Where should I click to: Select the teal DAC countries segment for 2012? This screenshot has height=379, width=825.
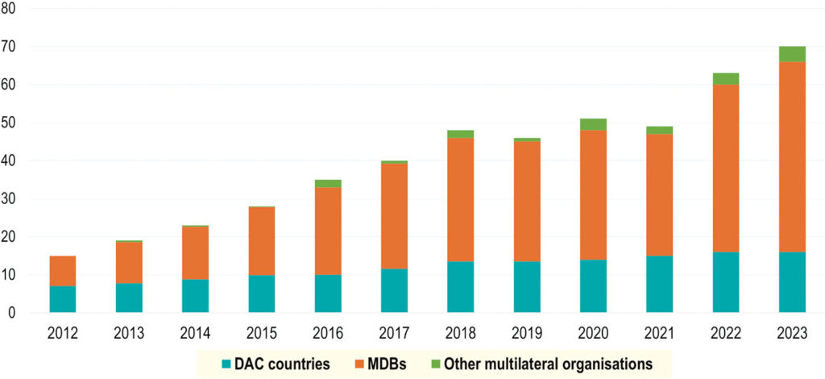62,299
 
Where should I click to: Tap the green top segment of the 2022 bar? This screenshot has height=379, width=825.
725,78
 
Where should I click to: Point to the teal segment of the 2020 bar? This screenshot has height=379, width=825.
593,285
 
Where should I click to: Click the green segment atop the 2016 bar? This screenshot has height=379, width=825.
328,184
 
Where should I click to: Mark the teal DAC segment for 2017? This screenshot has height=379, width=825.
394,290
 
